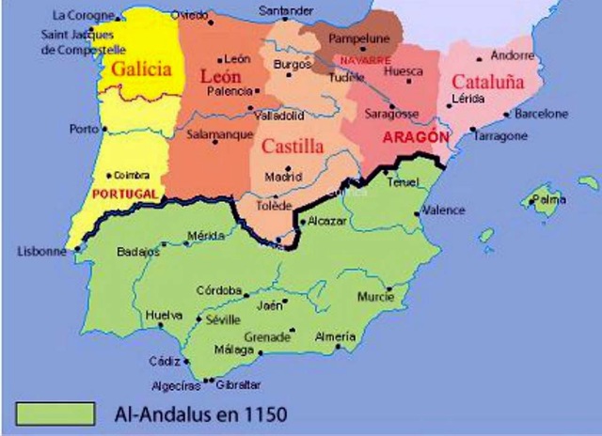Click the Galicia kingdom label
[x=142, y=69]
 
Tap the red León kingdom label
[x=222, y=78]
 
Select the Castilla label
[x=293, y=146]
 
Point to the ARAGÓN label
[x=412, y=137]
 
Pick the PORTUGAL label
[x=124, y=193]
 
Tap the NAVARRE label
[x=366, y=59]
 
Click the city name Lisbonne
[x=42, y=251]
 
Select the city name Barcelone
[x=542, y=114]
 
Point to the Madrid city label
[x=283, y=176]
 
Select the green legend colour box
[x=55, y=413]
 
